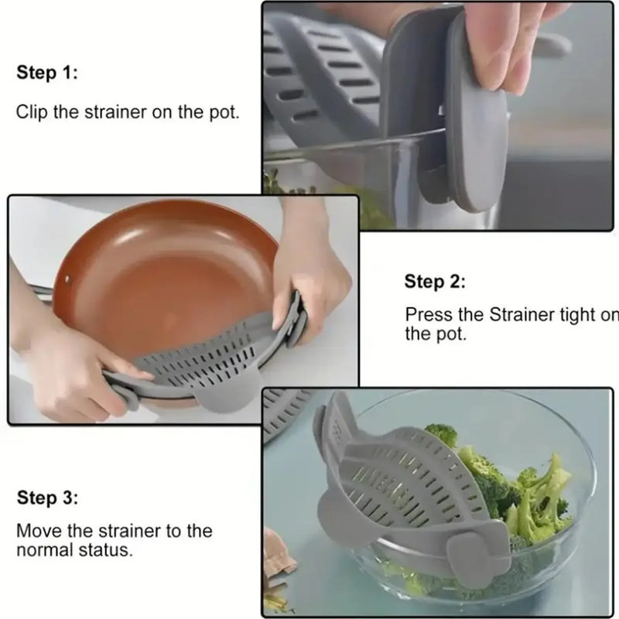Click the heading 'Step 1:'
click(47, 74)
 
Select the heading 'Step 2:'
click(435, 282)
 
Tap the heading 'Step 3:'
click(47, 498)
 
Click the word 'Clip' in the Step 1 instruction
click(31, 111)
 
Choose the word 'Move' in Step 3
click(36, 532)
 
